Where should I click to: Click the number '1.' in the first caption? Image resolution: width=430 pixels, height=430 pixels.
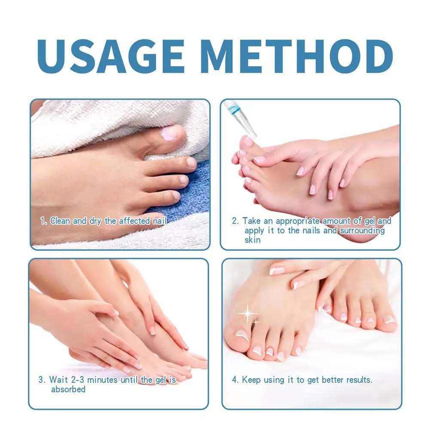pyautogui.click(x=43, y=221)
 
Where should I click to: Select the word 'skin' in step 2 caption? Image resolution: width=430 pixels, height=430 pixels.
pyautogui.click(x=253, y=240)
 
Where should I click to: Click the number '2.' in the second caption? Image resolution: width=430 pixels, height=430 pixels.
pyautogui.click(x=235, y=221)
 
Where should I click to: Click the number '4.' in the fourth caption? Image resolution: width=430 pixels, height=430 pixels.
pyautogui.click(x=235, y=380)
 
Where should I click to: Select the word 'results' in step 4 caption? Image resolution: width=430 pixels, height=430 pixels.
pyautogui.click(x=358, y=380)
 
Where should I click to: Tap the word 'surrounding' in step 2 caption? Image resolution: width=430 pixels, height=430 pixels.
pyautogui.click(x=361, y=231)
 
